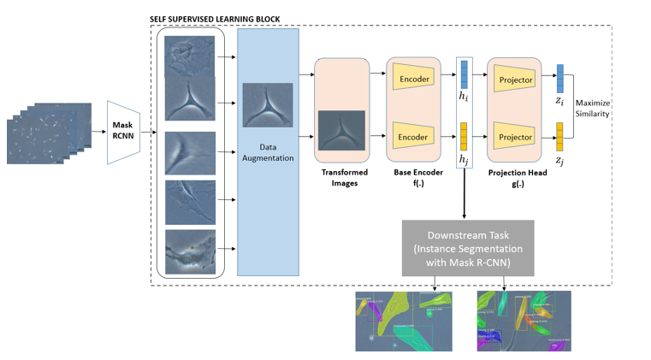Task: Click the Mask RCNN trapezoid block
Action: tap(122, 132)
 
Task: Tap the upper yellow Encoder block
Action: tap(413, 80)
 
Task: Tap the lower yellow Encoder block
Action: tap(413, 137)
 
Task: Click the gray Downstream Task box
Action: tap(467, 248)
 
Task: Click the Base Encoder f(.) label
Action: tap(414, 177)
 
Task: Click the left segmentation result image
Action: tap(404, 321)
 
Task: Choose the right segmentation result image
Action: tap(524, 321)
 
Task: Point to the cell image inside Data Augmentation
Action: tap(268, 104)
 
